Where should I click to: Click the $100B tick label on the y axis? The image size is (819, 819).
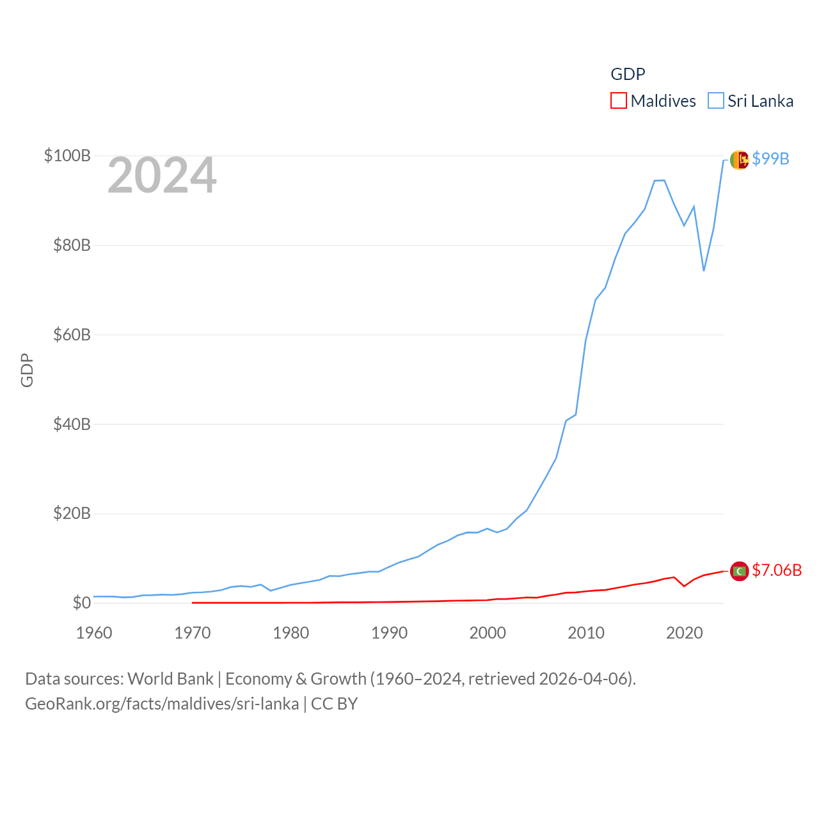(x=67, y=155)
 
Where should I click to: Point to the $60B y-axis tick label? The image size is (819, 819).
(x=72, y=335)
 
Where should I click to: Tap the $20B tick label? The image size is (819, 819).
(x=72, y=513)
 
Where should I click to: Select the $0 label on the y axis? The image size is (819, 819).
(x=81, y=603)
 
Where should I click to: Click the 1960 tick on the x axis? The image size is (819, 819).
(x=94, y=633)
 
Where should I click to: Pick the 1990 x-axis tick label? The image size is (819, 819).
(x=389, y=633)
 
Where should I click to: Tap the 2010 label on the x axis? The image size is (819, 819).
(x=586, y=633)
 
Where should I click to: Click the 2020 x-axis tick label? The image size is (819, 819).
(x=685, y=633)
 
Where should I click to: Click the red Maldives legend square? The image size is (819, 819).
(x=619, y=101)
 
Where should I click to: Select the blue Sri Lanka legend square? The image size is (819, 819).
(x=716, y=101)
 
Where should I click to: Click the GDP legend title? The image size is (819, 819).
(x=628, y=74)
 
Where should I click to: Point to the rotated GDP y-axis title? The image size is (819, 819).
(x=27, y=370)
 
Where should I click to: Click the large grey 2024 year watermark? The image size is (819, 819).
(x=162, y=175)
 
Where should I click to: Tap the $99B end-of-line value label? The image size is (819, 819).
(x=770, y=159)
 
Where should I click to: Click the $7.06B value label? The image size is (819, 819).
(x=777, y=570)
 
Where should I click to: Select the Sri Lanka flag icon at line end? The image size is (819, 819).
(x=739, y=160)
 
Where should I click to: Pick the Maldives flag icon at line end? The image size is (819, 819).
(x=739, y=571)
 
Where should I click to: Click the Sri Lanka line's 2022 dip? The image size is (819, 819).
(x=704, y=270)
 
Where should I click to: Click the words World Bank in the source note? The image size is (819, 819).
(x=170, y=679)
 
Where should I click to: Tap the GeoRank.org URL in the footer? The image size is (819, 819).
(x=162, y=704)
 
